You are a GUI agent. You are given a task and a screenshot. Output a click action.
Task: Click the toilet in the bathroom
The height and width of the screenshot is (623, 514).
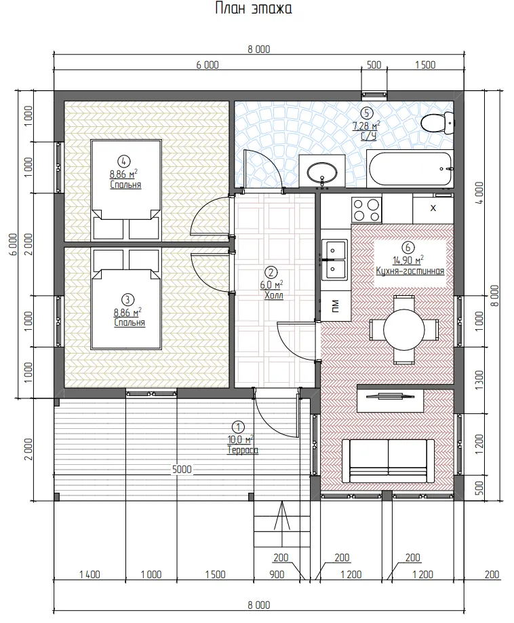click(x=437, y=122)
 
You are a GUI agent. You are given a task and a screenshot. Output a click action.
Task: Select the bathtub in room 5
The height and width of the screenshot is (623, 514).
click(x=410, y=168)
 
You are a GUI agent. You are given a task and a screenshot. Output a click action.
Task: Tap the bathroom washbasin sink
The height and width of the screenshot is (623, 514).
click(x=322, y=172)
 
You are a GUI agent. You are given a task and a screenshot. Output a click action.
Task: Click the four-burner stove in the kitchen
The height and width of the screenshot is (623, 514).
click(x=366, y=210)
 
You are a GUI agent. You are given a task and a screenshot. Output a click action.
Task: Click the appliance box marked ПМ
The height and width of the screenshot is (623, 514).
click(x=336, y=306)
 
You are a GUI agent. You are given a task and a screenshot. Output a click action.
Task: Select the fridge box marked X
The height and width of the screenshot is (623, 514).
click(x=433, y=208)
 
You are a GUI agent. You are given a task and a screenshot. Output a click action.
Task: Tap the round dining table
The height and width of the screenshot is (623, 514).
click(x=404, y=329)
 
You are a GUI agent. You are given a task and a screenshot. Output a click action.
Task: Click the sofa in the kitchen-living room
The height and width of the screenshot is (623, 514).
click(x=388, y=460)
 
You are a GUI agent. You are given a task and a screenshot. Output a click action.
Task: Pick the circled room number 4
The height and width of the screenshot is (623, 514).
click(x=124, y=161)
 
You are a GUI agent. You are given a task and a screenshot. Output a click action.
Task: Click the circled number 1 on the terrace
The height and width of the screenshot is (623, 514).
click(x=238, y=427)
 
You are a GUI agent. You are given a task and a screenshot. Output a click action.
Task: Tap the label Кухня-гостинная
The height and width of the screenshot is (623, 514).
click(x=410, y=271)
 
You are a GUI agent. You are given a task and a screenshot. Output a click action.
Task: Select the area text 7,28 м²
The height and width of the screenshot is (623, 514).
click(x=366, y=126)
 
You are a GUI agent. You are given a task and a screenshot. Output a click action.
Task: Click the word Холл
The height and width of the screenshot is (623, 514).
click(x=274, y=295)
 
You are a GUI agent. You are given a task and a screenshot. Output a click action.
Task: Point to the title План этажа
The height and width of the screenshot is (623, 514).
click(x=254, y=8)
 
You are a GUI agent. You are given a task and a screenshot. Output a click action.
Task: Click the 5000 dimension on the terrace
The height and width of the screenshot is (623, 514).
click(x=182, y=469)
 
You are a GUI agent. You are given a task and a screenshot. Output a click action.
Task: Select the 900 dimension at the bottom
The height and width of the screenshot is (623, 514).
click(x=277, y=575)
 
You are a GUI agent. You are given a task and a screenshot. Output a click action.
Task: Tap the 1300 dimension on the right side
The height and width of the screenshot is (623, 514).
click(x=479, y=380)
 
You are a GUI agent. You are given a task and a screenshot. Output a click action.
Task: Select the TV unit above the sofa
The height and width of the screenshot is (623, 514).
click(x=391, y=401)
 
